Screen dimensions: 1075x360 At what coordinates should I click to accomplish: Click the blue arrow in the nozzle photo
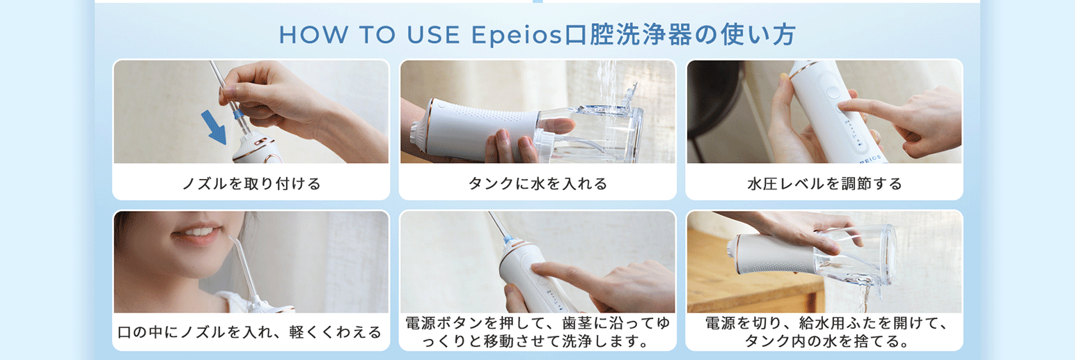214,127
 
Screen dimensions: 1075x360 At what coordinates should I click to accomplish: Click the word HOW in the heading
313,35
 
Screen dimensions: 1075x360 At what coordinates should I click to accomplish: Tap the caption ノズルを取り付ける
251,183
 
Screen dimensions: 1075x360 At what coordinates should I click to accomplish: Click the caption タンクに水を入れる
537,183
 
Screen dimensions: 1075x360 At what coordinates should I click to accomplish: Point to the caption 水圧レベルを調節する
824,183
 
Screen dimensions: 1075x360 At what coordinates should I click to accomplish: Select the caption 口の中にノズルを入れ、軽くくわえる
249,331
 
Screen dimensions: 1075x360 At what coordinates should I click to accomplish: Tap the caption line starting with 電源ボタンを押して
537,323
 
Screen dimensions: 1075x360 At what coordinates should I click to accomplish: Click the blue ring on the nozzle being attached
237,114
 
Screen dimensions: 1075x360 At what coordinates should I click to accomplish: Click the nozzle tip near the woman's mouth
231,239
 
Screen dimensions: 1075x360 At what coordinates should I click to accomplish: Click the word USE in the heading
433,35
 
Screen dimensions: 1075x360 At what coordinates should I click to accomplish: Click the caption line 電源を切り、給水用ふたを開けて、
826,323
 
